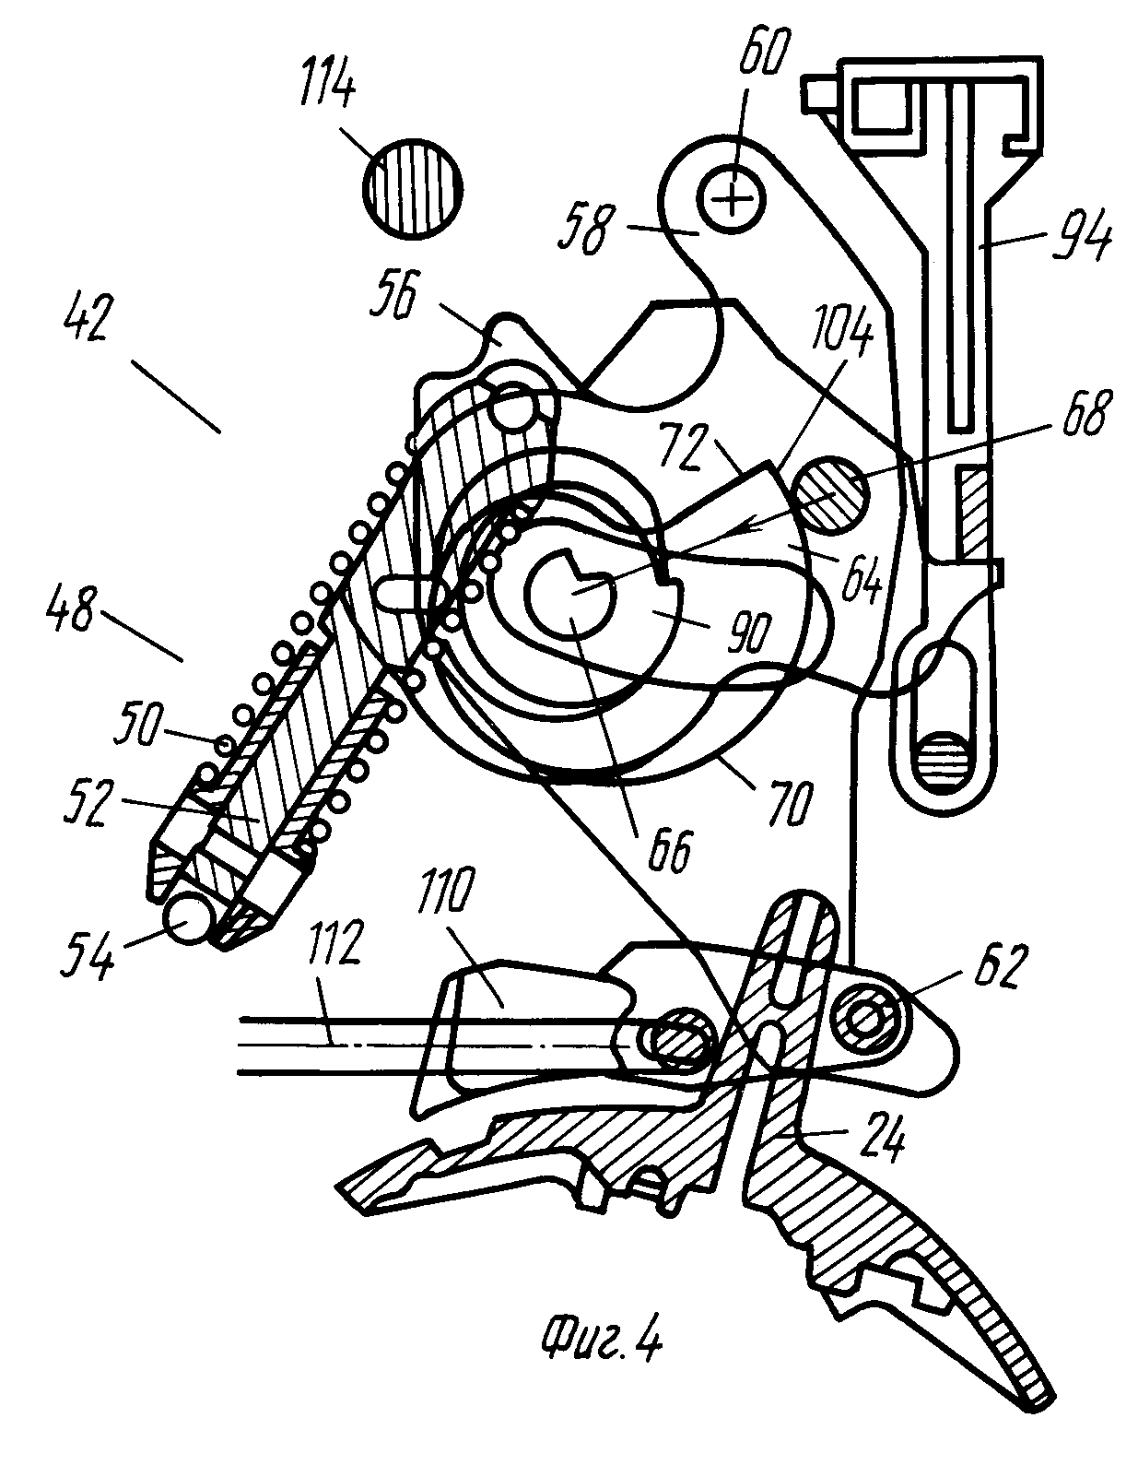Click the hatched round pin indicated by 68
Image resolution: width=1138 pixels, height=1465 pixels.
point(830,496)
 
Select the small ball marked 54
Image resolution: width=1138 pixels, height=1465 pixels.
point(189,919)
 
